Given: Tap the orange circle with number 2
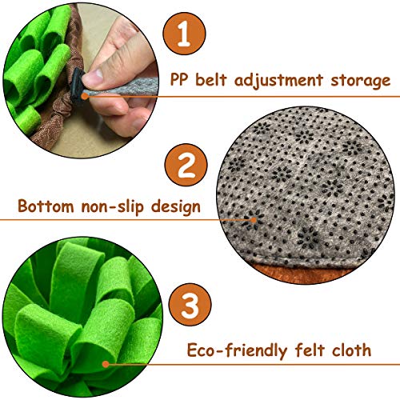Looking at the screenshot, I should click(186, 169).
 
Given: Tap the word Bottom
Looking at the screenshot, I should click(46, 207).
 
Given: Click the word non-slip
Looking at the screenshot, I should click(118, 207).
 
